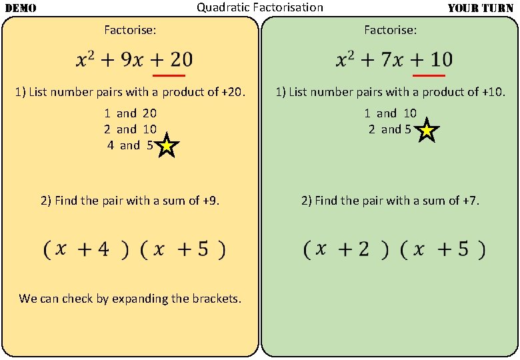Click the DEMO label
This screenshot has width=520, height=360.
coord(21,9)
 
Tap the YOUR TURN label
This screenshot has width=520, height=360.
coord(480,9)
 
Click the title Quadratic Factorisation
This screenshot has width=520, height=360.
coord(259,7)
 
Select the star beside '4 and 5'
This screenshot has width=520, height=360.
coord(167,147)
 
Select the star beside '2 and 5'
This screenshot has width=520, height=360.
coord(427,131)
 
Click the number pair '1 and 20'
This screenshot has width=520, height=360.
coord(130,113)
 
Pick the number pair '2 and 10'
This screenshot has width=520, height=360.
coord(130,129)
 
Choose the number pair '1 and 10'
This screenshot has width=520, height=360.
coord(390,113)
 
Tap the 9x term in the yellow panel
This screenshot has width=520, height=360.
coord(121,60)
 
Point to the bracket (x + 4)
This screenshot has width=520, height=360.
coord(86,250)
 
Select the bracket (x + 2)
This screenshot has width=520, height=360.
coord(346,250)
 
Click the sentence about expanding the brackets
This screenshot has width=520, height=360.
coord(130,299)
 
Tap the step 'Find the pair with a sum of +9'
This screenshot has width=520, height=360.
coord(130,200)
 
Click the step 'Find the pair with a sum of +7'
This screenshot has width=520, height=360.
coord(390,200)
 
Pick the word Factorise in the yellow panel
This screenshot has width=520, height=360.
coord(130,30)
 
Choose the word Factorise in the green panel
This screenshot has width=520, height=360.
coord(390,30)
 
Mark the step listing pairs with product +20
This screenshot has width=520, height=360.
coord(130,92)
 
